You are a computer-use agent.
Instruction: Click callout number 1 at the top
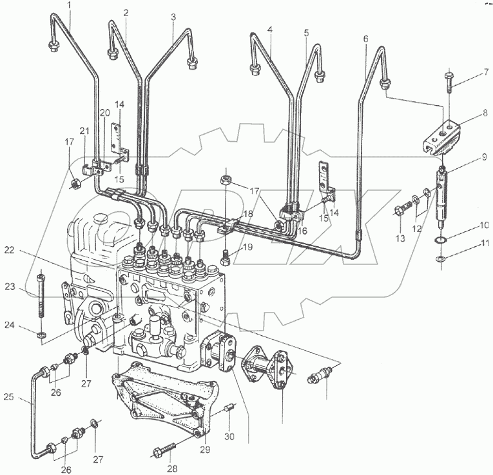(70, 6)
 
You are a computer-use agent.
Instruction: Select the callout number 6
(365, 39)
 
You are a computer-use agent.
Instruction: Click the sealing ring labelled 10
(440, 240)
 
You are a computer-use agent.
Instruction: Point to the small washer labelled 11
(441, 258)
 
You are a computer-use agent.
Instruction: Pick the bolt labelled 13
(400, 210)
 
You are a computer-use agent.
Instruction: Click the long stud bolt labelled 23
(42, 294)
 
